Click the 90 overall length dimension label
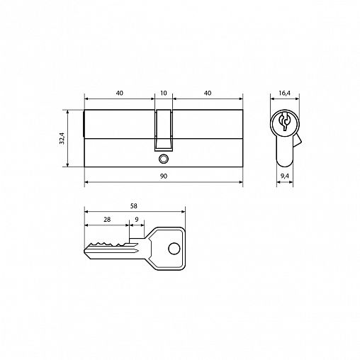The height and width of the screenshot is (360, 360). tap(164, 176)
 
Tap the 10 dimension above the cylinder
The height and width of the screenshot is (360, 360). tap(164, 93)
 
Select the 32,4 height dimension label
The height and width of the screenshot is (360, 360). tap(62, 138)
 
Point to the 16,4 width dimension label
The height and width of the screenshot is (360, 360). tap(284, 93)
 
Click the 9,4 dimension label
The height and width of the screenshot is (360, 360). tap(285, 176)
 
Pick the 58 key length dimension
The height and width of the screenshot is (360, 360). tap(134, 206)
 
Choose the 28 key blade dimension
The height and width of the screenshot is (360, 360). tap(107, 220)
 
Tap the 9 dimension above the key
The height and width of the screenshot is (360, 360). tap(137, 220)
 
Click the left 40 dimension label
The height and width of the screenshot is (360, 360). tap(120, 93)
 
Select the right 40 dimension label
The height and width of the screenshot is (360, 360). tap(208, 93)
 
